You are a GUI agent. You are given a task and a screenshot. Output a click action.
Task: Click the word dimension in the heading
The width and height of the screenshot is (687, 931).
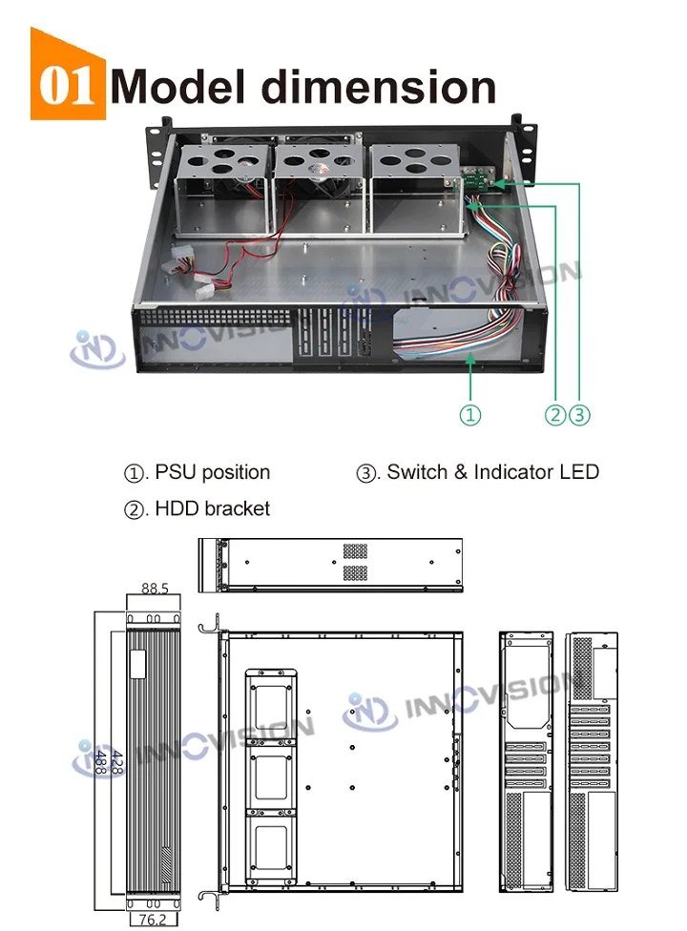click(x=379, y=87)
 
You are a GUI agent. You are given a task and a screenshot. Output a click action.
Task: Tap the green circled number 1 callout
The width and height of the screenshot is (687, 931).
click(x=471, y=414)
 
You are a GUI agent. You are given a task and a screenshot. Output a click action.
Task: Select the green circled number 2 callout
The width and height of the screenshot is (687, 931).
click(x=555, y=414)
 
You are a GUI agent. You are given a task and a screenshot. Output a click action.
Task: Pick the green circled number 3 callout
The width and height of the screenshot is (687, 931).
click(x=580, y=414)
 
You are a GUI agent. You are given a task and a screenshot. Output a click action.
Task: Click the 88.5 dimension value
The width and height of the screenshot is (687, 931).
click(x=155, y=589)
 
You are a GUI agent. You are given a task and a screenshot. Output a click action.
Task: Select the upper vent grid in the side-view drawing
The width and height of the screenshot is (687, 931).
click(x=355, y=551)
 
